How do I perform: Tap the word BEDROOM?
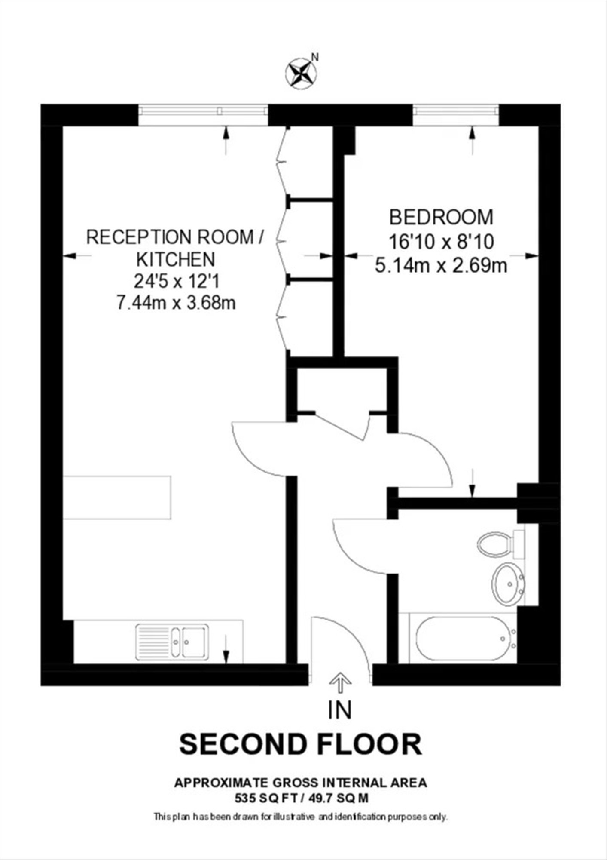click(x=441, y=217)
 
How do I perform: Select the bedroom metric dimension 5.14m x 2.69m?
click(x=441, y=265)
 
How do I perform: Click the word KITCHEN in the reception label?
click(x=175, y=259)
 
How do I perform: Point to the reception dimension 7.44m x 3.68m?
click(x=176, y=304)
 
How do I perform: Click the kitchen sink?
click(x=172, y=642)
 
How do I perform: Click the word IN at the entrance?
click(x=340, y=710)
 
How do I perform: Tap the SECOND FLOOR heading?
click(x=301, y=745)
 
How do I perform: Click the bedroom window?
click(x=456, y=115)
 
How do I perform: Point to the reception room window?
click(x=204, y=115)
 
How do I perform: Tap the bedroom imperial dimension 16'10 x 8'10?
click(x=441, y=242)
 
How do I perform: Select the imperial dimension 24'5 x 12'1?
click(x=177, y=282)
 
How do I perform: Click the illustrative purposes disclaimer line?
click(x=301, y=816)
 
